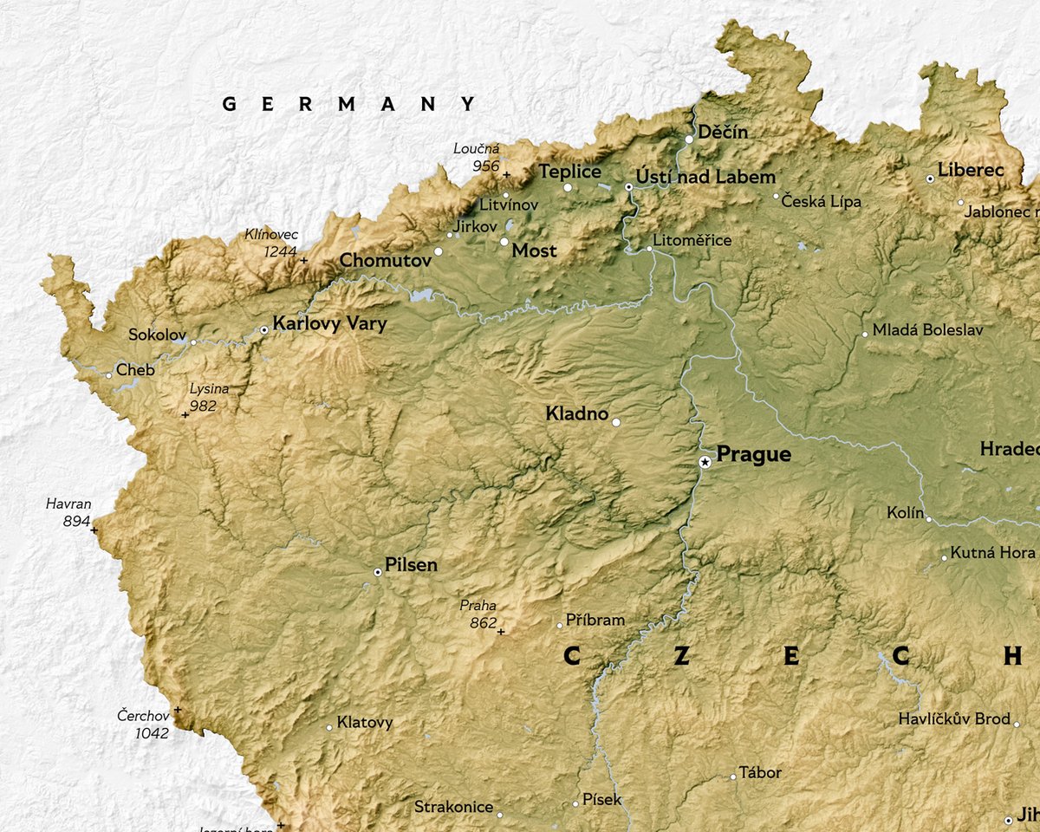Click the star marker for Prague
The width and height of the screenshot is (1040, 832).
705,463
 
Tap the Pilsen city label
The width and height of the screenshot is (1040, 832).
411,566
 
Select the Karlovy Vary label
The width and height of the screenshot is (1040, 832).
329,324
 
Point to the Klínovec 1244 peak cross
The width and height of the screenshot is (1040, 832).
304,260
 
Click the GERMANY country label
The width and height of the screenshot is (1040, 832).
349,104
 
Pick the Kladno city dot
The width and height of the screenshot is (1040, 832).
616,423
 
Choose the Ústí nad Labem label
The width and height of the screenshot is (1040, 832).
705,177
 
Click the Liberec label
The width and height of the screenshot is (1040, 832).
970,170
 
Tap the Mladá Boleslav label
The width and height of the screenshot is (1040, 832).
928,330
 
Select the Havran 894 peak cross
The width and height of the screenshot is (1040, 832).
94,530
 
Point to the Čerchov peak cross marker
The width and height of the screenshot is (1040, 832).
178,710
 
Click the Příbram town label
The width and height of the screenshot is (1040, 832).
595,620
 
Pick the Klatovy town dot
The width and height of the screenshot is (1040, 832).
329,728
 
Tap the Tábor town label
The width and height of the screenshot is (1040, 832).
760,772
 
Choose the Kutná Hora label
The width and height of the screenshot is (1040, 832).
992,552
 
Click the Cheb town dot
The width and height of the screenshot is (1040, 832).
109,375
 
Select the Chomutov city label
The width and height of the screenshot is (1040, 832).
385,260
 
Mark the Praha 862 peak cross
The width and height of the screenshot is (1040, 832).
500,632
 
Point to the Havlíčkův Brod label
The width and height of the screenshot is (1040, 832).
953,719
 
